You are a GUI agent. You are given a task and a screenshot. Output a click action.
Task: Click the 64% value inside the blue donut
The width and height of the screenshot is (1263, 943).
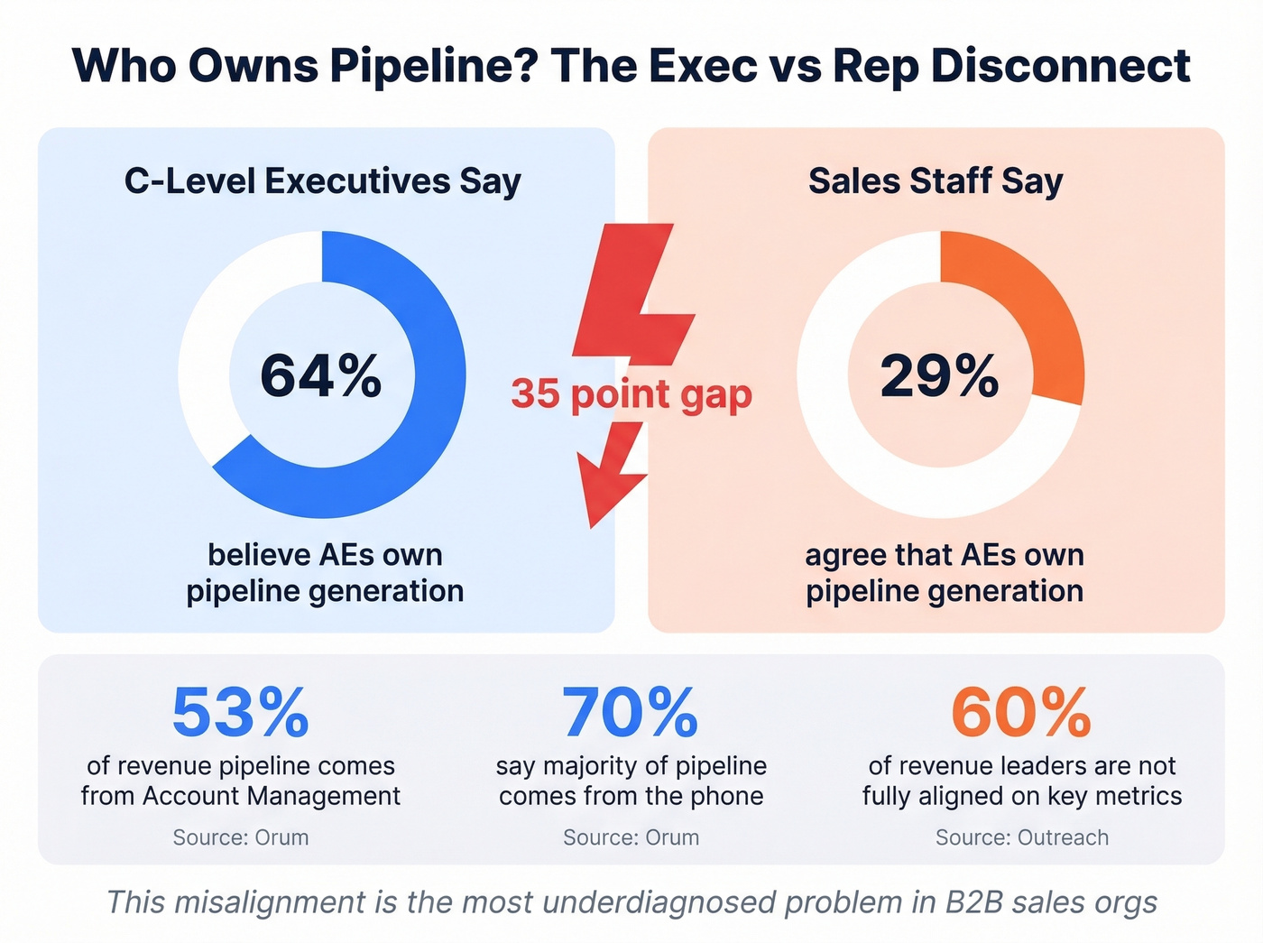coord(321,376)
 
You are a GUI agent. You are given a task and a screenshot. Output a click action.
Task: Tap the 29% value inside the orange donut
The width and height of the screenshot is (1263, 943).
coord(939,376)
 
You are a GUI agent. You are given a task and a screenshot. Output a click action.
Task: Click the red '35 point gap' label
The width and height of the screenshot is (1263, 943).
coord(631,394)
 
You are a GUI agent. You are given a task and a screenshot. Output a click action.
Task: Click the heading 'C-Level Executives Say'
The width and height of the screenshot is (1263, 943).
coord(323,181)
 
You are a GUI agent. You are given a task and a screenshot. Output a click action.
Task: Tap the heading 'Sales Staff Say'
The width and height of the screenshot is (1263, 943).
coord(936,181)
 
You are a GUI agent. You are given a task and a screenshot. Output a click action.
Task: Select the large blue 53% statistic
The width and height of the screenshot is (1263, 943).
coord(240,713)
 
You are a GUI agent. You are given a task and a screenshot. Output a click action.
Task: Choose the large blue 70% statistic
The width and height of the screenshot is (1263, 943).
coord(631,713)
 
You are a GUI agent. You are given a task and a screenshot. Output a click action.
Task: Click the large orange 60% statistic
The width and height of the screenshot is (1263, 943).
coord(1021,713)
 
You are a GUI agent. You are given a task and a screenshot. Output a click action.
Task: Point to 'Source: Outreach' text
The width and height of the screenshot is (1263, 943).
coord(1021,837)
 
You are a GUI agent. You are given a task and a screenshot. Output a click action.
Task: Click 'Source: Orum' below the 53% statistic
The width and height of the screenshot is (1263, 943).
coord(241,837)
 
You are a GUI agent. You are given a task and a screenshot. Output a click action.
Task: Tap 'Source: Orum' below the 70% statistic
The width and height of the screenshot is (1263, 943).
coord(631,837)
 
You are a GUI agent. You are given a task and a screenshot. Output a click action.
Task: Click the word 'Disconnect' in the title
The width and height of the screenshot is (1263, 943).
coord(1060,67)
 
